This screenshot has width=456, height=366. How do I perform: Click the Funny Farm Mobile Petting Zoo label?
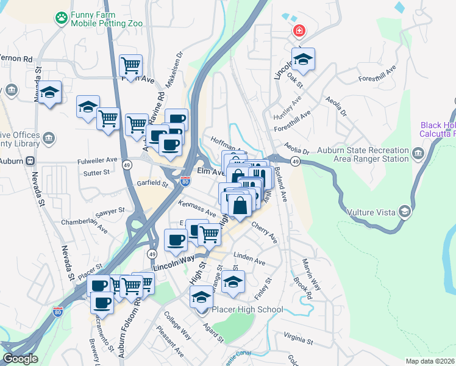coord(107,19)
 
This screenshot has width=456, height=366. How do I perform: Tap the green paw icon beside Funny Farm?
coord(61,18)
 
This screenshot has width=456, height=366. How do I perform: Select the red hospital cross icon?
coord(299,31)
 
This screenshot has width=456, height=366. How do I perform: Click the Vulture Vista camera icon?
coord(404,212)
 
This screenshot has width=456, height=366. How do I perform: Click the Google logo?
coord(21,359)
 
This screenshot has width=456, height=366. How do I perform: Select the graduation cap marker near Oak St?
coord(302,60)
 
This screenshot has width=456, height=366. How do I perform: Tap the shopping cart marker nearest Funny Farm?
coord(131,65)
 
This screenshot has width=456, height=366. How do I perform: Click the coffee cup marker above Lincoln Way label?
coord(176,240)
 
